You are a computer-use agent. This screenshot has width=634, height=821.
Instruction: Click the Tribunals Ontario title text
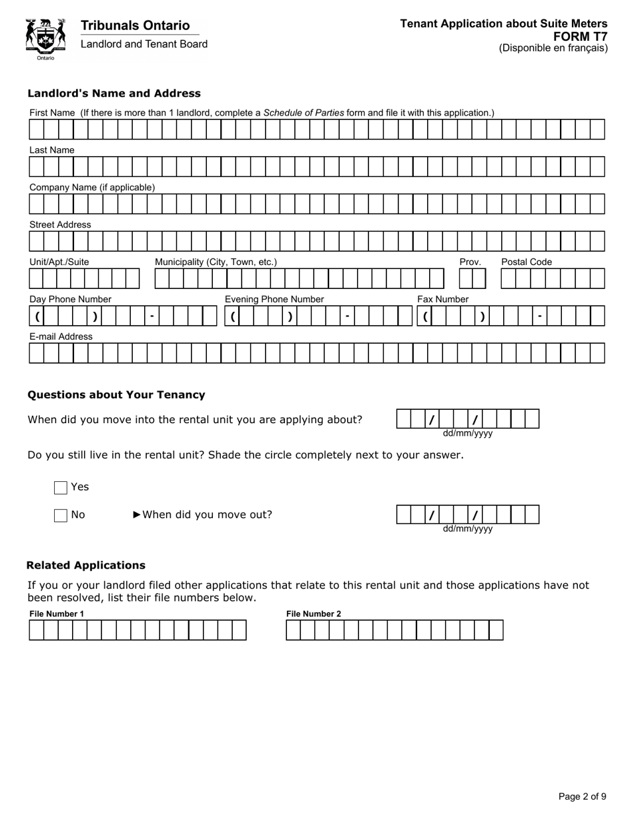pos(135,25)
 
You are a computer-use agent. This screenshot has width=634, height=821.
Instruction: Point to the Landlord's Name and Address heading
pos(114,93)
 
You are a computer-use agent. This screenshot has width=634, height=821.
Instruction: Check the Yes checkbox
pos(61,488)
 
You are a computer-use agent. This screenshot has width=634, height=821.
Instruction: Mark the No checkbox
pos(61,515)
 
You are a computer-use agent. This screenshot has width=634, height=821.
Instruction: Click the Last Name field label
pos(52,150)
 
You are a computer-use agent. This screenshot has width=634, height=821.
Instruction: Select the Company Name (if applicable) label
pos(92,188)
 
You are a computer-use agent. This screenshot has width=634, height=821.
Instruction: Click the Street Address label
pos(60,225)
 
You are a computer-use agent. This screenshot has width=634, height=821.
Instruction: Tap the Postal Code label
pos(527,262)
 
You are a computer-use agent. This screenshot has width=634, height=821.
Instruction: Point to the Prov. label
pos(470,262)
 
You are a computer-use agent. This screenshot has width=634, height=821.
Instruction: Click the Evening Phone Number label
pos(274,299)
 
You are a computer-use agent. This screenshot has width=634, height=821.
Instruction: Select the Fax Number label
pos(443,299)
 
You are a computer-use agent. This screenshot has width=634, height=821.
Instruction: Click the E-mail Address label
pos(61,336)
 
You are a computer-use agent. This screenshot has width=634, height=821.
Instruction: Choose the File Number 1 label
pos(57,613)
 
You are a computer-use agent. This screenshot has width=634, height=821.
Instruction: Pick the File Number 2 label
pos(314,613)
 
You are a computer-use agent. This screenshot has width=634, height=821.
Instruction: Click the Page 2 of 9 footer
pos(582,796)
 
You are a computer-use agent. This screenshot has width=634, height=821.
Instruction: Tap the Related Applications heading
pos(86,565)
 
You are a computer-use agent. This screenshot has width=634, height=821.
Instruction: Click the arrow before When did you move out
pos(137,515)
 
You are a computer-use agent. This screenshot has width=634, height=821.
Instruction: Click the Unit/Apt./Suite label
pos(59,262)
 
